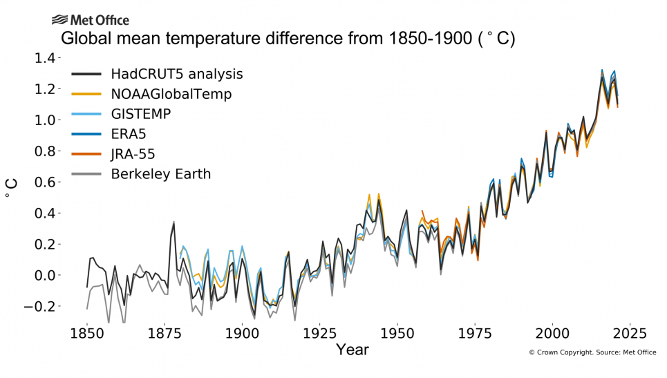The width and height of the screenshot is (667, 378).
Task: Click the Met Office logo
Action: click(x=90, y=20)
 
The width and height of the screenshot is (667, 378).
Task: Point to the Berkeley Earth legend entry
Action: click(x=161, y=174)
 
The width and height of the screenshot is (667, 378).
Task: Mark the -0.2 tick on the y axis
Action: click(x=42, y=307)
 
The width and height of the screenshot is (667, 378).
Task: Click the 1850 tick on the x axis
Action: click(x=87, y=333)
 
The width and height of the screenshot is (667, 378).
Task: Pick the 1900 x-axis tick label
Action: click(x=242, y=333)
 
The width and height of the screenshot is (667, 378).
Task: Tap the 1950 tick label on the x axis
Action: click(x=397, y=333)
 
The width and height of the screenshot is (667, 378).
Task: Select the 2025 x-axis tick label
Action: click(x=630, y=333)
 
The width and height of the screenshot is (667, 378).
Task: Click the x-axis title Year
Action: click(x=353, y=350)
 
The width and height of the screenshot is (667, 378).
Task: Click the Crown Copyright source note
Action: click(x=593, y=352)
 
